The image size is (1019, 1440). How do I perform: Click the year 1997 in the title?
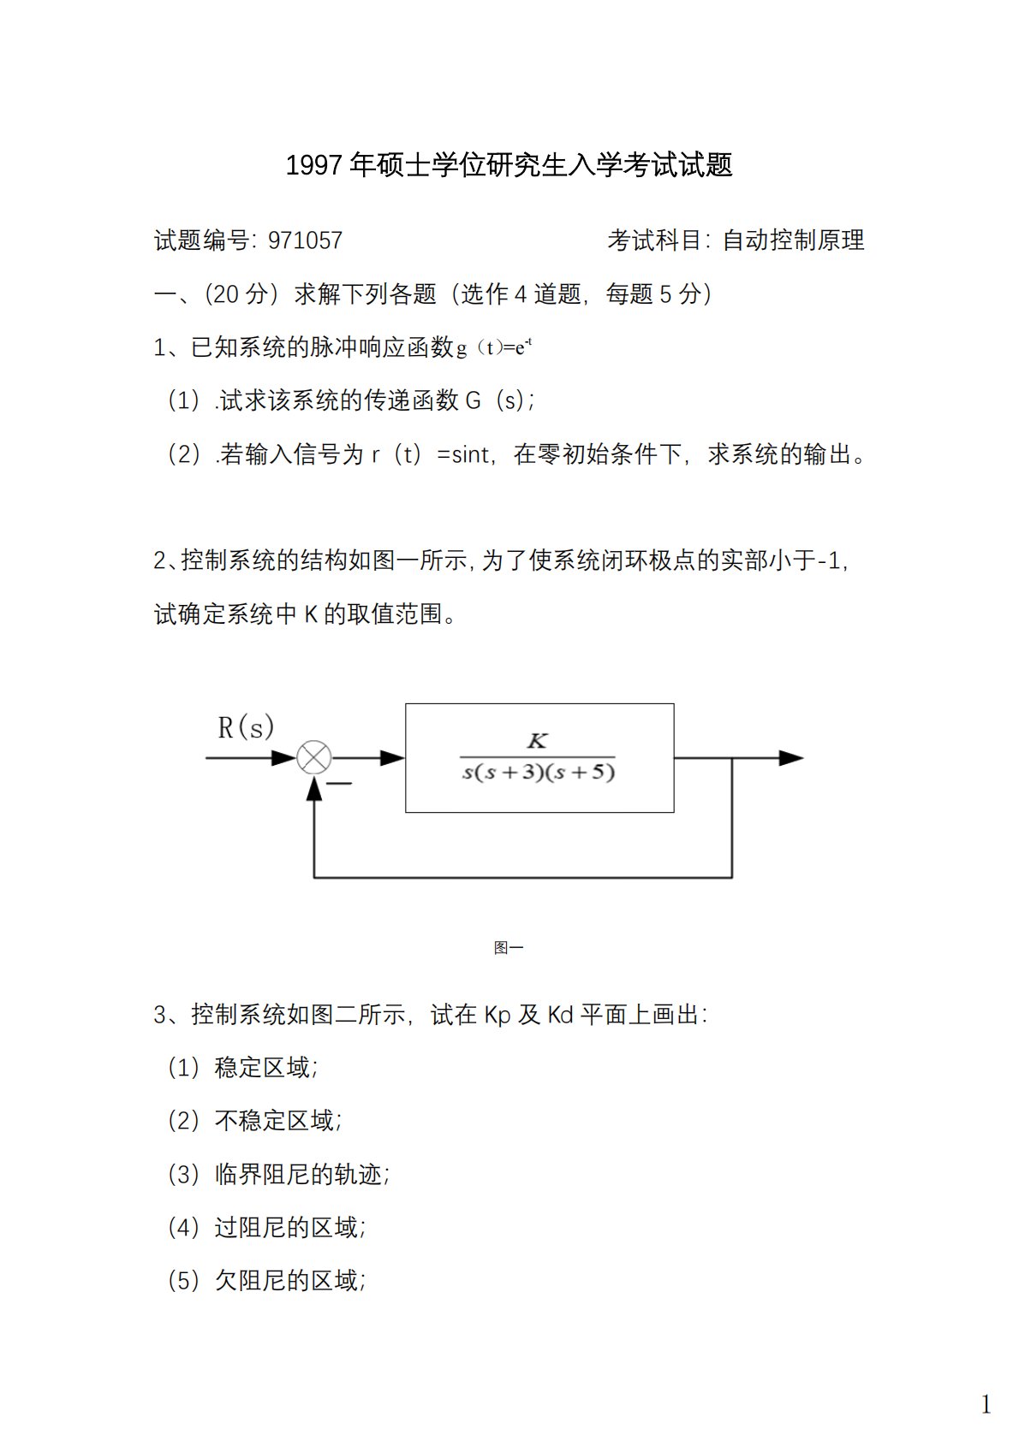tap(315, 165)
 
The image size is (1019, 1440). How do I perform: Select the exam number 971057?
tap(305, 240)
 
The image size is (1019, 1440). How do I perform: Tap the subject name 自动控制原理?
tap(793, 240)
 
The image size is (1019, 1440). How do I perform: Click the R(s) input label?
tap(246, 727)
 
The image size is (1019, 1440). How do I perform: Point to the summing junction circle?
tap(314, 758)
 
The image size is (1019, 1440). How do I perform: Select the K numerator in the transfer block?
tap(537, 741)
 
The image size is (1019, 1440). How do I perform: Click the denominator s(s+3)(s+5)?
tap(539, 773)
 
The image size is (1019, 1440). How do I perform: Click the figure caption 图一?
tap(509, 947)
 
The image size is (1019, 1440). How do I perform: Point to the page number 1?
tap(986, 1404)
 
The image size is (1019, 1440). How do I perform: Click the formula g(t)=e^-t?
tap(494, 347)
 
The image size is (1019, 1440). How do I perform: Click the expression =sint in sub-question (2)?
tap(463, 454)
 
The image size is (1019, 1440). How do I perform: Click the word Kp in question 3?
tap(498, 1015)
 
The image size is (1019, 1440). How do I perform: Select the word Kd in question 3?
tap(560, 1015)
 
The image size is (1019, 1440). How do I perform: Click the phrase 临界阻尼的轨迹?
tap(298, 1174)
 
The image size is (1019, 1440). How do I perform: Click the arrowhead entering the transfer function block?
tap(393, 758)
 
